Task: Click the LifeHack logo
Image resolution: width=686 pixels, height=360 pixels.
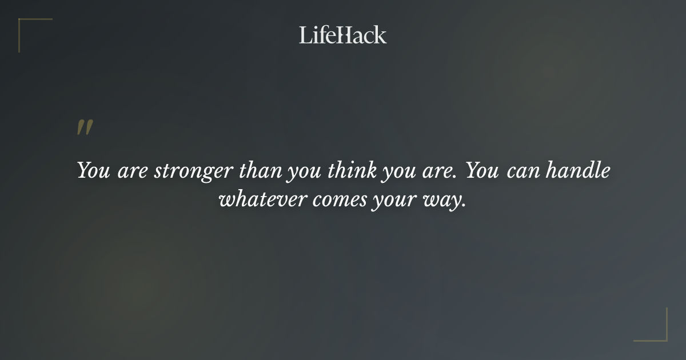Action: click(342, 35)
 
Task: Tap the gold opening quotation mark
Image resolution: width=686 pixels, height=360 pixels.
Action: click(85, 127)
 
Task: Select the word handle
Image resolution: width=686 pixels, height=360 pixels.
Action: click(579, 171)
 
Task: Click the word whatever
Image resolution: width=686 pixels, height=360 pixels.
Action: click(264, 201)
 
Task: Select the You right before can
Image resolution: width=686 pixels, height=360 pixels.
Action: click(484, 171)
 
